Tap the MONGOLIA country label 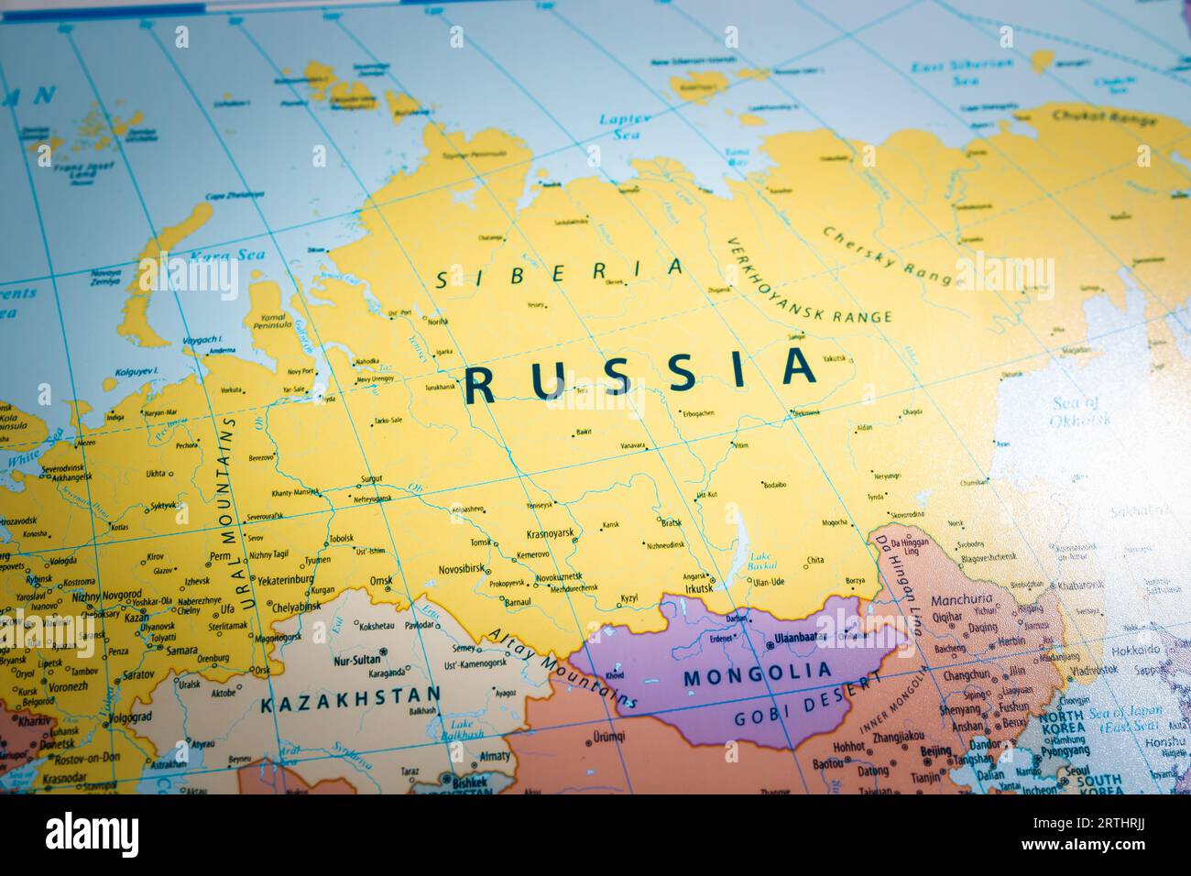[x=758, y=675]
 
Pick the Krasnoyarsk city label [x=550, y=533]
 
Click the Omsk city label [x=380, y=581]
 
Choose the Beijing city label [x=934, y=751]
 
